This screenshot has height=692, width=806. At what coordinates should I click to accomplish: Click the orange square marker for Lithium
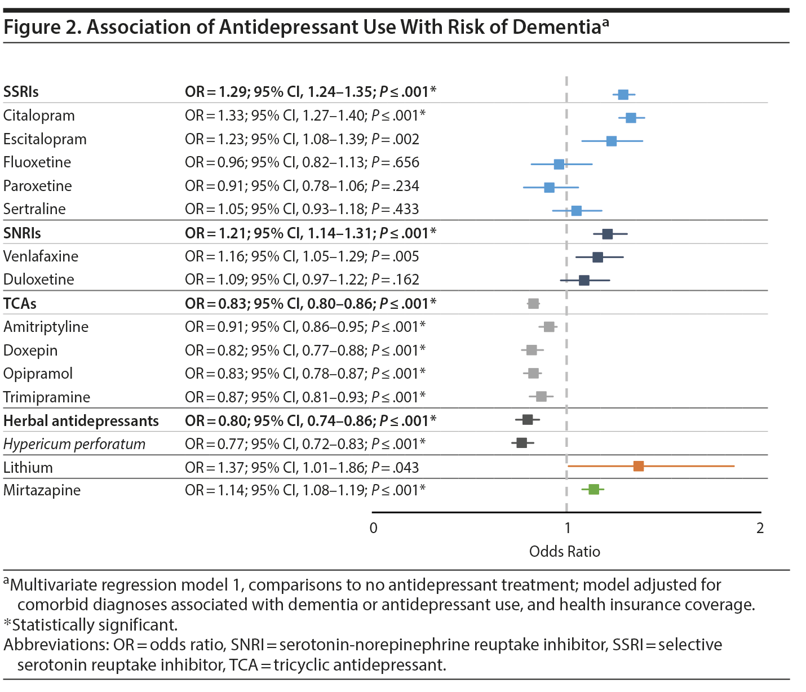[638, 466]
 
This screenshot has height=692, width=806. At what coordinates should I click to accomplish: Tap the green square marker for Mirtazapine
[594, 489]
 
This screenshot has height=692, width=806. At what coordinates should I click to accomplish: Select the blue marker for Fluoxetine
[559, 164]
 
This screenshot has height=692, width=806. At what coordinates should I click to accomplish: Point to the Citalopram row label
[39, 116]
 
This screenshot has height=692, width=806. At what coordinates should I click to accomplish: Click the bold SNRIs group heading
[22, 233]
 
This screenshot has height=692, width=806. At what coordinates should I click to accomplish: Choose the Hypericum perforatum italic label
[74, 444]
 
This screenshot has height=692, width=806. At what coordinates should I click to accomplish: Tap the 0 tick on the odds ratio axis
[373, 528]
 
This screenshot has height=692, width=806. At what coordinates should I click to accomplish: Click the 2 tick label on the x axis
[760, 528]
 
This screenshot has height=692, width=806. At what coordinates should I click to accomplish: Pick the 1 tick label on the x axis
[567, 528]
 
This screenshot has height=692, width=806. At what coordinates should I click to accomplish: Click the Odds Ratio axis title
[564, 551]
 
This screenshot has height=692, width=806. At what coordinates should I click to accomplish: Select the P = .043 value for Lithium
[395, 467]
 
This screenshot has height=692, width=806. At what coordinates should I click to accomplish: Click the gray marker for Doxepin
[532, 350]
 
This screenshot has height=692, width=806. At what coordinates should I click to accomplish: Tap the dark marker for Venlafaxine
[597, 257]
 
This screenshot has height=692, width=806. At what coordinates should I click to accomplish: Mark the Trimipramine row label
[46, 397]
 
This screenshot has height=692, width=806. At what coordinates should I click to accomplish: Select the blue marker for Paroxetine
[549, 187]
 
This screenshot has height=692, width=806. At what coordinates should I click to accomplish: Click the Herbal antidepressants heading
[81, 420]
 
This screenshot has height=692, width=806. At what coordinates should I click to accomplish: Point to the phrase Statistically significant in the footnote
[94, 624]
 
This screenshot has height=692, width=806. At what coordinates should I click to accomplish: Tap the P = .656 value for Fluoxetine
[395, 162]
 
